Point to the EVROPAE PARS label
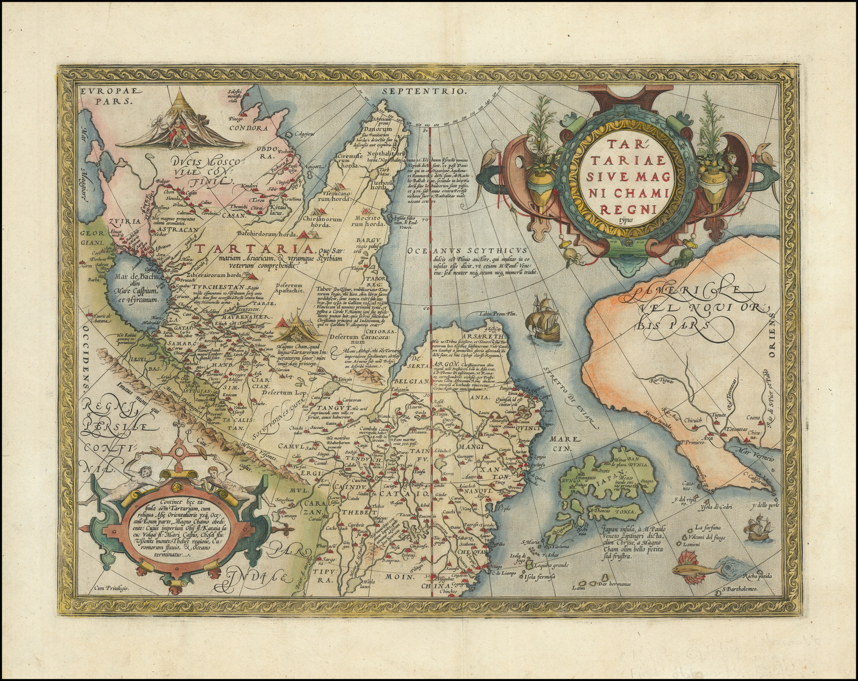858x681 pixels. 106,95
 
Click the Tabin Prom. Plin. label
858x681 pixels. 498,315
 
